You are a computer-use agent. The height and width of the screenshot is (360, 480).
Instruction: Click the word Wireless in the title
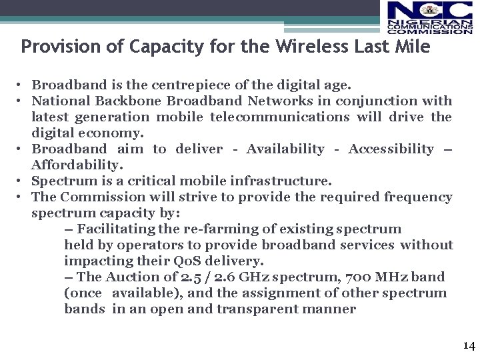point(307,47)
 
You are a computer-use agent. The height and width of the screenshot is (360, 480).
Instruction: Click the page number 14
point(469,345)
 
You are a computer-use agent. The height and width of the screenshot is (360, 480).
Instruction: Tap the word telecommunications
point(279,117)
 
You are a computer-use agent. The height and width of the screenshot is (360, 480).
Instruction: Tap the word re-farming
point(213,229)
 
